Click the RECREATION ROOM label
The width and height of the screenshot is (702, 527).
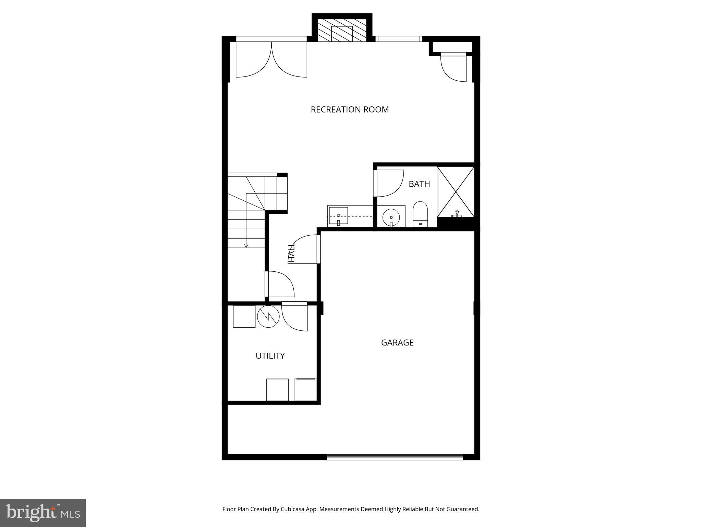tap(350, 109)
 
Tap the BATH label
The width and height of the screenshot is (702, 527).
tap(419, 184)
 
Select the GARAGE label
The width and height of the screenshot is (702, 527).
tap(397, 342)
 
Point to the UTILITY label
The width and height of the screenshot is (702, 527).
tap(270, 356)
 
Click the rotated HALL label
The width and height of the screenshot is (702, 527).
tap(292, 253)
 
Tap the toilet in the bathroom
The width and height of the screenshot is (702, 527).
tap(420, 215)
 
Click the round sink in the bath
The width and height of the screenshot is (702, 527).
tap(391, 217)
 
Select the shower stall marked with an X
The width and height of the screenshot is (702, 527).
tap(456, 192)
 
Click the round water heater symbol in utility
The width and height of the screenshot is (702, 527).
tap(268, 316)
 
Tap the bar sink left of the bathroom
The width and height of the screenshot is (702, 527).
tap(338, 216)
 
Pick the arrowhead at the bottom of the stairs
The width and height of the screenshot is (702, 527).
tap(246, 245)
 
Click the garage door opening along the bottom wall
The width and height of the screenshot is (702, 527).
tap(395, 457)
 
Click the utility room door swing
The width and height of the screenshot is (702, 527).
tap(295, 318)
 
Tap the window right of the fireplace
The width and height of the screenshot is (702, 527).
tap(399, 39)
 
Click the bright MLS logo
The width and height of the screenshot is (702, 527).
tap(43, 512)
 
